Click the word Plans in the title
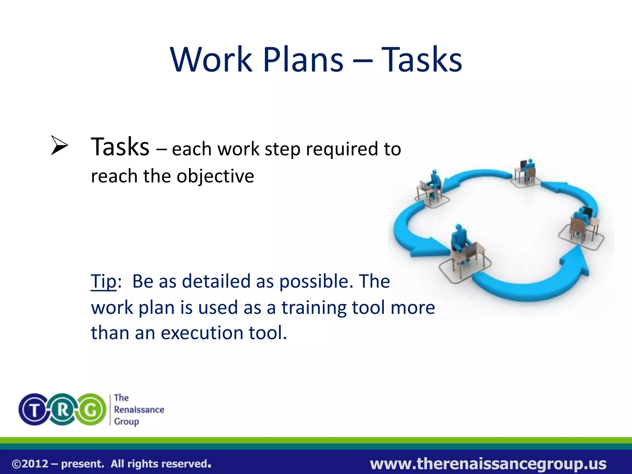pyautogui.click(x=303, y=59)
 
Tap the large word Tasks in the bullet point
pyautogui.click(x=120, y=147)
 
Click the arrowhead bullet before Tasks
pyautogui.click(x=59, y=145)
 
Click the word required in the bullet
pyautogui.click(x=342, y=149)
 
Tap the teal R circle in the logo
pyautogui.click(x=63, y=410)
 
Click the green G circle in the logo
pyautogui.click(x=91, y=410)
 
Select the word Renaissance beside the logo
pyautogui.click(x=139, y=410)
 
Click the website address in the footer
pyautogui.click(x=488, y=464)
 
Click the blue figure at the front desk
pyautogui.click(x=459, y=238)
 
